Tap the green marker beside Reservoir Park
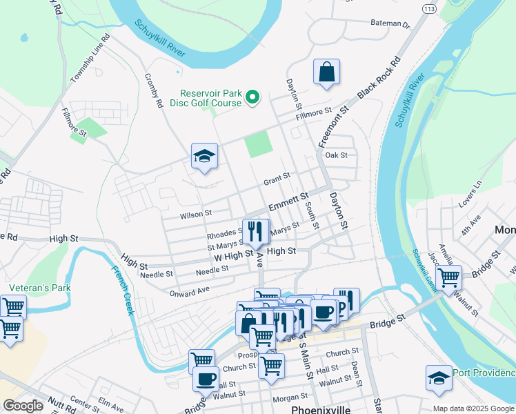click(x=252, y=98)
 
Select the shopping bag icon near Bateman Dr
click(x=326, y=72)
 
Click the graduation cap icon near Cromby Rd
click(x=205, y=156)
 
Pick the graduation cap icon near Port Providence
click(x=439, y=378)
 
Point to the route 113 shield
click(x=429, y=8)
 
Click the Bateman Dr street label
click(x=390, y=23)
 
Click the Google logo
click(x=23, y=406)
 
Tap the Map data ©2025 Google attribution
click(x=473, y=408)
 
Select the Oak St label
click(x=336, y=155)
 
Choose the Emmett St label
click(x=288, y=203)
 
